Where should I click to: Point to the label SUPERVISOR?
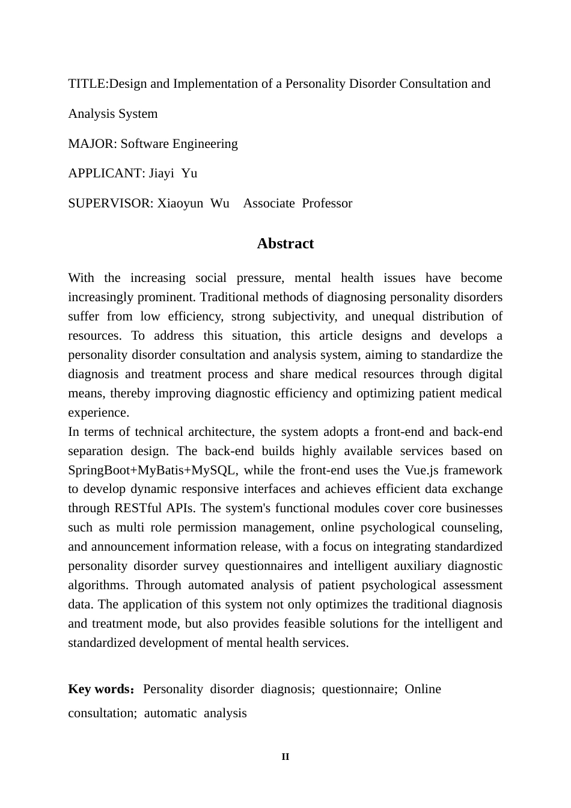pos(111,203)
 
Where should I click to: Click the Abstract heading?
pos(285,243)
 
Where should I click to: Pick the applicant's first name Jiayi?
pos(161,173)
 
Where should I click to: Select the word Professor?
pos(327,203)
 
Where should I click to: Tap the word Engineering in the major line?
pos(205,144)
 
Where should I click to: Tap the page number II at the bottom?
pos(285,757)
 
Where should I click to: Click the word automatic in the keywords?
pos(170,713)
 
